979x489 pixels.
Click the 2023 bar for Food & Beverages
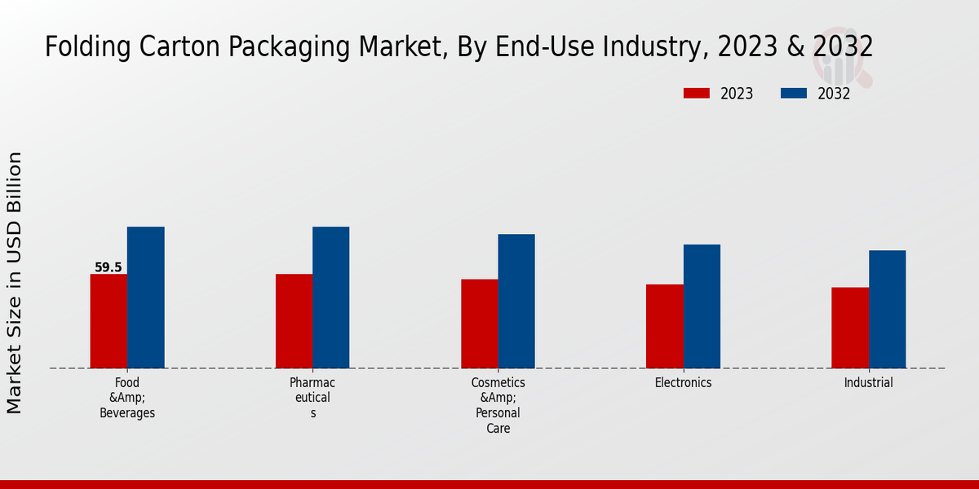point(109,321)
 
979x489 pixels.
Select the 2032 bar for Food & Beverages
point(145,297)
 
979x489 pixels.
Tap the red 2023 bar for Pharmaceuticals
point(294,321)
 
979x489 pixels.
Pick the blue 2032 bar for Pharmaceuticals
point(330,297)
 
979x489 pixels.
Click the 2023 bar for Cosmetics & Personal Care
point(479,324)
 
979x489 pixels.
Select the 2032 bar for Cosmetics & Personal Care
point(516,301)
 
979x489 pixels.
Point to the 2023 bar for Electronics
point(664,326)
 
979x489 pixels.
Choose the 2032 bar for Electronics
point(702,306)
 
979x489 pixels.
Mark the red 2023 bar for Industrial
point(850,328)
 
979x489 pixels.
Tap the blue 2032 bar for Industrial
point(887,309)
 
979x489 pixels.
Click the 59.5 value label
point(109,267)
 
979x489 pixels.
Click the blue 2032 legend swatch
point(794,94)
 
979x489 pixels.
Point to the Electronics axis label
point(683,382)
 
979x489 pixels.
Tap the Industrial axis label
point(868,382)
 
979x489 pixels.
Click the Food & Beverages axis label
point(127,398)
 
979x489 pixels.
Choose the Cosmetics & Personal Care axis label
point(498,405)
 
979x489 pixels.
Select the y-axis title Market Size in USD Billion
point(16,283)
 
